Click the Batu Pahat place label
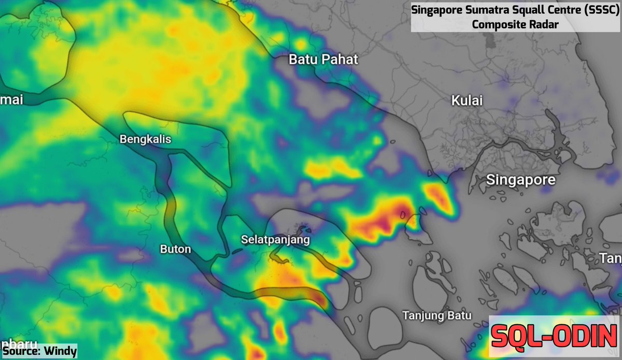pyautogui.click(x=323, y=59)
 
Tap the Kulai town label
pyautogui.click(x=467, y=100)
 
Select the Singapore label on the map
pyautogui.click(x=521, y=180)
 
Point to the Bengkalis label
pyautogui.click(x=145, y=139)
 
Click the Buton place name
pyautogui.click(x=175, y=249)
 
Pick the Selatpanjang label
pyautogui.click(x=275, y=240)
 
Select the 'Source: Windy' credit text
pyautogui.click(x=39, y=351)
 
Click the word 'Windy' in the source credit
pyautogui.click(x=60, y=351)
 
